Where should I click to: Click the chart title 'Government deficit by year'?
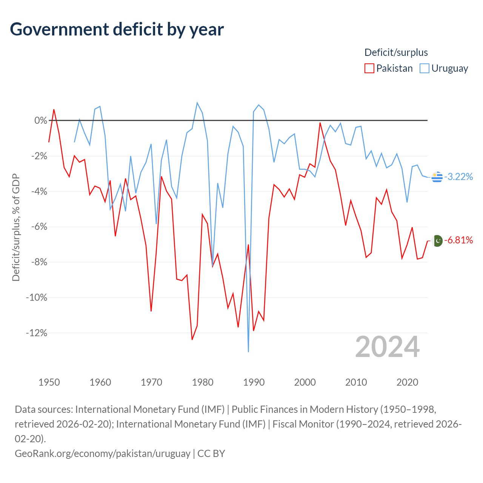pyautogui.click(x=117, y=29)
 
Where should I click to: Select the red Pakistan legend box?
pyautogui.click(x=369, y=68)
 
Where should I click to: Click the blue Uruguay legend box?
pyautogui.click(x=424, y=68)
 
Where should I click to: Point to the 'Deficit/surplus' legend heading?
pyautogui.click(x=396, y=52)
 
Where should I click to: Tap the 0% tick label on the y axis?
pyautogui.click(x=41, y=121)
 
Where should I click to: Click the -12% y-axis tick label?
pyautogui.click(x=37, y=333)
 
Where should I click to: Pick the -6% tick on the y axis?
pyautogui.click(x=39, y=227)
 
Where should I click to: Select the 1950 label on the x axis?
pyautogui.click(x=49, y=382)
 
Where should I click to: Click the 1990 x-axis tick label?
pyautogui.click(x=254, y=382)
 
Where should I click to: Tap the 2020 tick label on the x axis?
pyautogui.click(x=407, y=382)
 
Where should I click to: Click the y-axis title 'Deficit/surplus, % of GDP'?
pyautogui.click(x=16, y=227)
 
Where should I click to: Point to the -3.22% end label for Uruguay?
pyautogui.click(x=458, y=177)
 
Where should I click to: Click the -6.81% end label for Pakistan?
pyautogui.click(x=458, y=240)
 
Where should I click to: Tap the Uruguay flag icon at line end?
pyautogui.click(x=437, y=177)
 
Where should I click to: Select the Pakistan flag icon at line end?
pyautogui.click(x=437, y=241)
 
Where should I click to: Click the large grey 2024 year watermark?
pyautogui.click(x=387, y=347)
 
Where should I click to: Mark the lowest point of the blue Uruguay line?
pyautogui.click(x=248, y=352)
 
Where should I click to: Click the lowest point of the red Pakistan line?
pyautogui.click(x=192, y=340)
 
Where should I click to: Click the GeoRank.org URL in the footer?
pyautogui.click(x=103, y=454)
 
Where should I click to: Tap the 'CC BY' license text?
pyautogui.click(x=211, y=454)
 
